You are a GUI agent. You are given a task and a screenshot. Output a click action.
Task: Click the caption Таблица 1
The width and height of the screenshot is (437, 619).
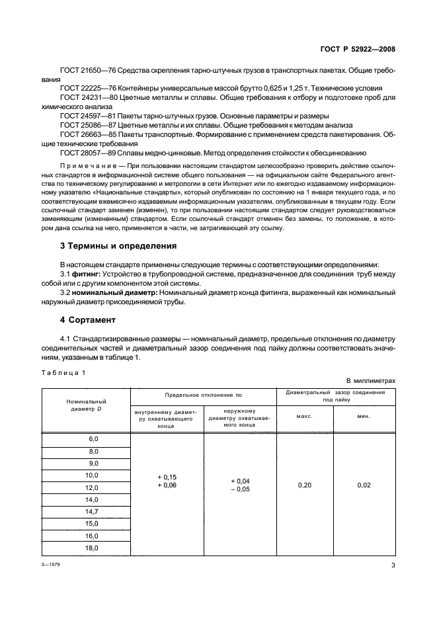(64, 373)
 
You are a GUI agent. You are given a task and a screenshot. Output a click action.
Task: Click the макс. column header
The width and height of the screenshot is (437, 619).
(304, 417)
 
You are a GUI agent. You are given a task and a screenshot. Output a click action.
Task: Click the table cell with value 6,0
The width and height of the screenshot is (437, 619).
(93, 439)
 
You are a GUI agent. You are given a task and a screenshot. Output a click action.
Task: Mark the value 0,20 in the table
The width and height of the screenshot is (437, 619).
(305, 485)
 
